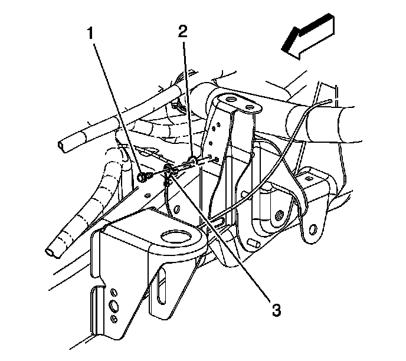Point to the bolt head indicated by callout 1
click(143, 176)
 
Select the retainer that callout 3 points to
click(169, 172)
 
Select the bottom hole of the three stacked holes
click(113, 319)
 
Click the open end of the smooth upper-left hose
click(63, 144)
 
